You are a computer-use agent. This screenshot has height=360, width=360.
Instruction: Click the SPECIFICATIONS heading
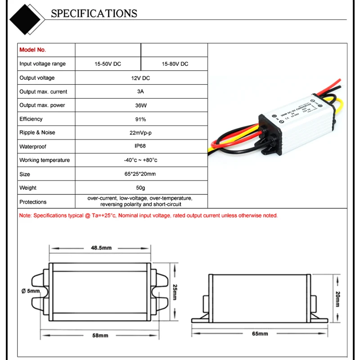coord(94,13)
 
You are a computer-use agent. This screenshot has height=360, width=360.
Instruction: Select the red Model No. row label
coord(33,50)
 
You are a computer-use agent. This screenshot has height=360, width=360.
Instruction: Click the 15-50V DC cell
coord(108,64)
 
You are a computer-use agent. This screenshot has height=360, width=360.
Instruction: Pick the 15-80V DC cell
coord(175,64)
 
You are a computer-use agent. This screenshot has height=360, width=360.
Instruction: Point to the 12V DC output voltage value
coord(140,78)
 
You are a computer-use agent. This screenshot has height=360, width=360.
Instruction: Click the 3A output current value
coord(140,91)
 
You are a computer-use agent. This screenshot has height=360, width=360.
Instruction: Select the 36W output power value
coord(140,105)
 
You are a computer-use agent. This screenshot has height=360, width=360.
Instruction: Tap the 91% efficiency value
coord(140,119)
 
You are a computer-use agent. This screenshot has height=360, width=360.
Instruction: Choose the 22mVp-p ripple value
coord(140,133)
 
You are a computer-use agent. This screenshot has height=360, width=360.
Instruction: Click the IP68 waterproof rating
coord(140,146)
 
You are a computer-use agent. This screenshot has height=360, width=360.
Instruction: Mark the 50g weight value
coord(140,188)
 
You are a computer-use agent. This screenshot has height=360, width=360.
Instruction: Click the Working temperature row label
coord(45,160)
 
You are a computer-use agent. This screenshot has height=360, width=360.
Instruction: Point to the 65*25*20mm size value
coord(140,174)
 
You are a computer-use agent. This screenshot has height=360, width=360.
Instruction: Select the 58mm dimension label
coord(100,336)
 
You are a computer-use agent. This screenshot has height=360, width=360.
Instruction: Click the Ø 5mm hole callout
coord(31,291)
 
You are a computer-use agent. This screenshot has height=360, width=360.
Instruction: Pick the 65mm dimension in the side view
coord(260,333)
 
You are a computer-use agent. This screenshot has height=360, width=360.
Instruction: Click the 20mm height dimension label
coord(337,299)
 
